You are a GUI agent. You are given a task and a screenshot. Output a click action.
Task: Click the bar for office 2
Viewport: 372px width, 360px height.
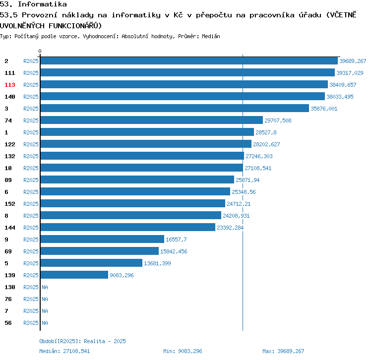pos(189,61)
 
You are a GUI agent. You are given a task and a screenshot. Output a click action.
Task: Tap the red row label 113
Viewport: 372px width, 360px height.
pos(10,85)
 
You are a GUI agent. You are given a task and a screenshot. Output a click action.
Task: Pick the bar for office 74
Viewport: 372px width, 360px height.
pos(151,120)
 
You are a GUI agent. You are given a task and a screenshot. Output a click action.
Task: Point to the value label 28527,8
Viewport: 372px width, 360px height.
pos(266,132)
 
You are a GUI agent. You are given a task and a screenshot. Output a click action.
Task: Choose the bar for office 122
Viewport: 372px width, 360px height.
pos(146,144)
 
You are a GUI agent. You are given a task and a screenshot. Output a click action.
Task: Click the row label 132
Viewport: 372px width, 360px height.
pos(10,156)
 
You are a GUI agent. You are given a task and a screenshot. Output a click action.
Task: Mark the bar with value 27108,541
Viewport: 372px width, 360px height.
pos(142,168)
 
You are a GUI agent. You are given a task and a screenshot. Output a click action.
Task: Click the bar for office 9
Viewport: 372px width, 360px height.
pos(102,240)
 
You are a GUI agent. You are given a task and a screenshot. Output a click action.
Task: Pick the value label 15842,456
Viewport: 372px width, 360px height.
pos(174,251)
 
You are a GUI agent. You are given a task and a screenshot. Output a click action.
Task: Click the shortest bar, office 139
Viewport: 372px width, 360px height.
pos(74,275)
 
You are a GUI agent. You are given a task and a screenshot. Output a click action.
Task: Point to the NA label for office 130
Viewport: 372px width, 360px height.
pos(45,287)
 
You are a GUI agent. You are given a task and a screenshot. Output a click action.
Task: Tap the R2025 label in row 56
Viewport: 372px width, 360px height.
pos(31,323)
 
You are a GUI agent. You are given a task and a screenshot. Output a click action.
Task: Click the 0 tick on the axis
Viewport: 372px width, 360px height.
pos(40,51)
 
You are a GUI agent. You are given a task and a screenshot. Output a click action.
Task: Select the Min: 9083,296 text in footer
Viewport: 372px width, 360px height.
pos(183,351)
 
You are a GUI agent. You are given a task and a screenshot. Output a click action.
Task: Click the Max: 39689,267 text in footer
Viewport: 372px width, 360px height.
pos(283,351)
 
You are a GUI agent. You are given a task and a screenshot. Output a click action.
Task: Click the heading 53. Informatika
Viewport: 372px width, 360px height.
pos(34,4)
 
